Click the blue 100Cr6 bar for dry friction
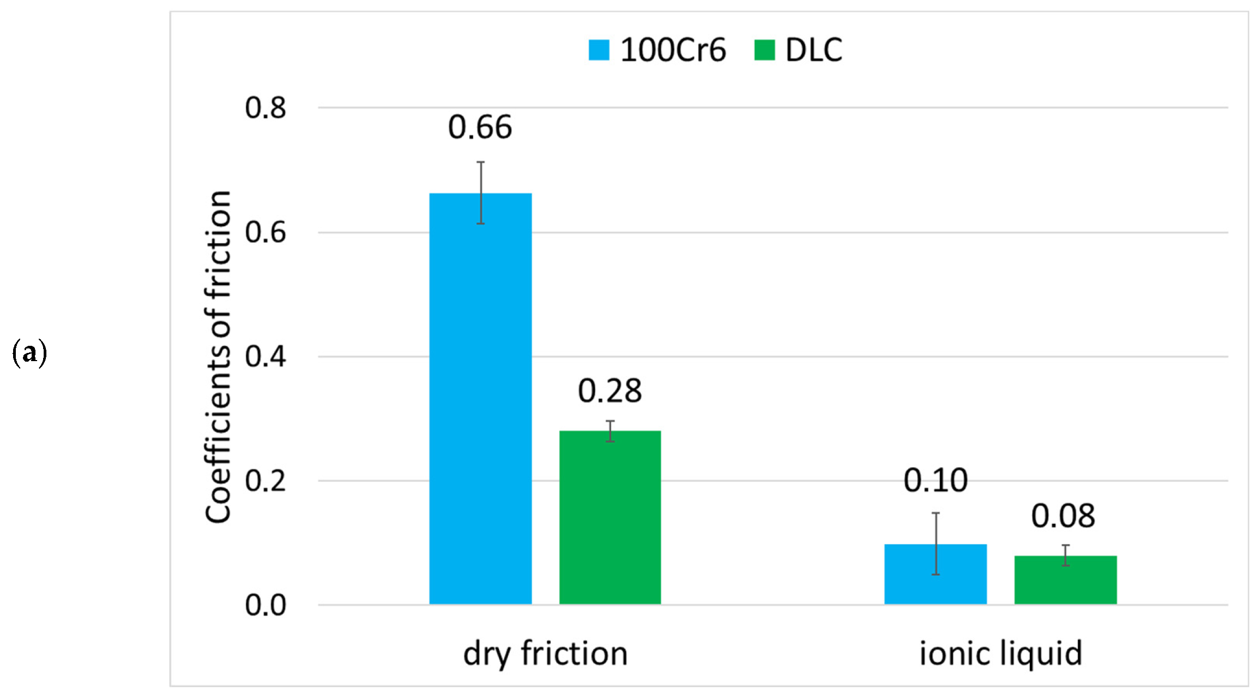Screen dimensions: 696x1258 click(x=480, y=399)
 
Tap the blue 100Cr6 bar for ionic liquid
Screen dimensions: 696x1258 click(x=935, y=574)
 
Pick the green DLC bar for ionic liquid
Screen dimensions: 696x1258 click(x=1065, y=580)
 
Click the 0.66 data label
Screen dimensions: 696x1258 click(x=480, y=127)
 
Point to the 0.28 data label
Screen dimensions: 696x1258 click(x=610, y=391)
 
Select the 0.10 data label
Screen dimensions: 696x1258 click(x=935, y=481)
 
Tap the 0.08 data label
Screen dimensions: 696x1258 click(x=1063, y=516)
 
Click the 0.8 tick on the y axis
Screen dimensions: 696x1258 click(x=265, y=108)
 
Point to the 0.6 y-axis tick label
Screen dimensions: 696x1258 click(x=265, y=232)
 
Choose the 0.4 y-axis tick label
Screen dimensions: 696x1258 click(x=265, y=357)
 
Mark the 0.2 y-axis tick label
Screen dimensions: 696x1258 click(x=265, y=481)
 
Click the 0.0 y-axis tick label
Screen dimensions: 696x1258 click(x=265, y=605)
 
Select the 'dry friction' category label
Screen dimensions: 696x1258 click(x=545, y=653)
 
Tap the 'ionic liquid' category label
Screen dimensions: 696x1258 click(x=1000, y=653)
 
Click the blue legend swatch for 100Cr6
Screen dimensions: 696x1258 click(x=599, y=50)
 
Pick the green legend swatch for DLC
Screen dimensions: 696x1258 click(x=764, y=50)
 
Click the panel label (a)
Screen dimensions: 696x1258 click(x=29, y=353)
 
